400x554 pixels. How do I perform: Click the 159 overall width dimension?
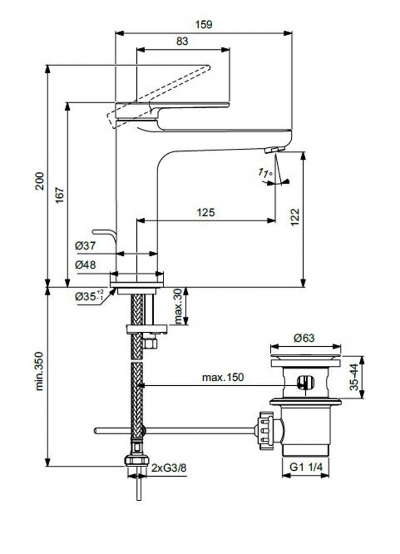(x=204, y=24)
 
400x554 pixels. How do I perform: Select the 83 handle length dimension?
(x=182, y=42)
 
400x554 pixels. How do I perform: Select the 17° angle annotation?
(x=265, y=173)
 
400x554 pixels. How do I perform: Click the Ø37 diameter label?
(x=85, y=246)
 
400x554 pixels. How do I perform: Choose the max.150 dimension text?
(x=222, y=377)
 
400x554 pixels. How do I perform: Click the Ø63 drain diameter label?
(x=305, y=338)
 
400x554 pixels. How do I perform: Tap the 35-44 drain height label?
(x=353, y=377)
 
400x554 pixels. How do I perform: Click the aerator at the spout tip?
(x=277, y=149)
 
